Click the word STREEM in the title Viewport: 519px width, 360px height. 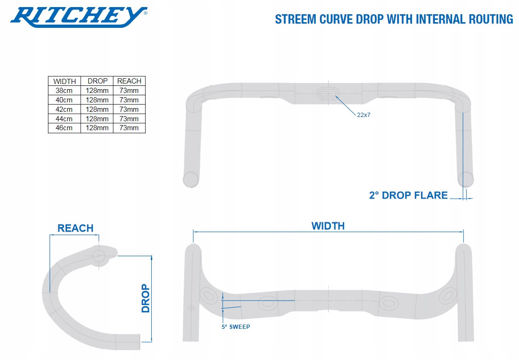(296, 19)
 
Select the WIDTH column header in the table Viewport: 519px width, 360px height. (65, 81)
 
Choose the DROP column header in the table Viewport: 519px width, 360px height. (97, 81)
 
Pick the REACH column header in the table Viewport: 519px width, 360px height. (129, 81)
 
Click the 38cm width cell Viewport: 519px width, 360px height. (64, 91)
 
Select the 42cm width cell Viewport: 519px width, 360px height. (64, 109)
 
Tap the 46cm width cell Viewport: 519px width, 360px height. (64, 128)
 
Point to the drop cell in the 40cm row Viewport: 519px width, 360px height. (97, 100)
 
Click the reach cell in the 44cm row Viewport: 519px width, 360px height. (129, 118)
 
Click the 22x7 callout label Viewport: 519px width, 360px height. (363, 115)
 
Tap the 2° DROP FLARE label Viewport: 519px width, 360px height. (408, 195)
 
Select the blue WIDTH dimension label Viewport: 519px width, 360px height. (328, 226)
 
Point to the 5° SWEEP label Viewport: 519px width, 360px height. (236, 327)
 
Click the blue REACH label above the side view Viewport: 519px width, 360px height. (75, 228)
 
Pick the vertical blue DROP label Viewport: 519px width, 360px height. (146, 298)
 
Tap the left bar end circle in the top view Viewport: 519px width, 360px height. (191, 179)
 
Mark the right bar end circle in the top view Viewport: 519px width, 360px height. (466, 179)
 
